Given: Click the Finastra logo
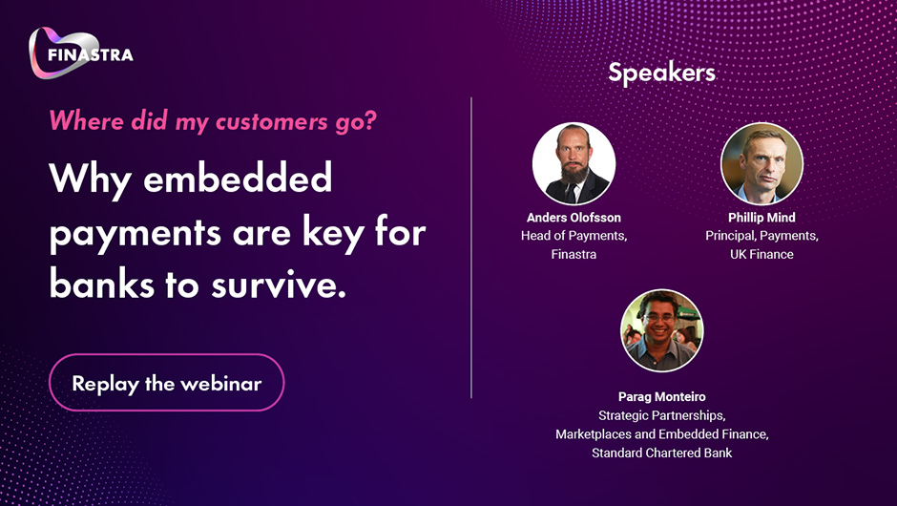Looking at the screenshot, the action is point(81,53).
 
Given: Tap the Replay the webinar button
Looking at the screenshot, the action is point(166,382).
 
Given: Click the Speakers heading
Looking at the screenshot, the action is point(662,73).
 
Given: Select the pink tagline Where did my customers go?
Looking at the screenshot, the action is point(213,121).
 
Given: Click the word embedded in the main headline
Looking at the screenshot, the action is point(238,178).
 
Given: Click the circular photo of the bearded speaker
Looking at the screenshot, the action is point(574,163).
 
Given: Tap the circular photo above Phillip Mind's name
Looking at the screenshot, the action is point(762,163).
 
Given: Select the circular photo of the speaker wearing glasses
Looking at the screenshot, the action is point(662,330).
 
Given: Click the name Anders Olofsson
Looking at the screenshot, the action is point(574,218).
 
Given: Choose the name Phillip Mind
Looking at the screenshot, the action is point(761,218).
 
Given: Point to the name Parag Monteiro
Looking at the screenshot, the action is point(662,396).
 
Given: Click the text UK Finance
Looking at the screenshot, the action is point(761,254).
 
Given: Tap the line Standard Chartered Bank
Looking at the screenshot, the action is point(662,453).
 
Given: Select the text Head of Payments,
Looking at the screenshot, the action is point(574,236).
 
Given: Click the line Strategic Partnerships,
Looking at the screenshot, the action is point(662,415).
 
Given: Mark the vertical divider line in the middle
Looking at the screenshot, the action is point(471,247).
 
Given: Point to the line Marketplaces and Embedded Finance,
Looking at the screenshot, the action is point(662,434).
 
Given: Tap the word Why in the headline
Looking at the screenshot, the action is point(91,179).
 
